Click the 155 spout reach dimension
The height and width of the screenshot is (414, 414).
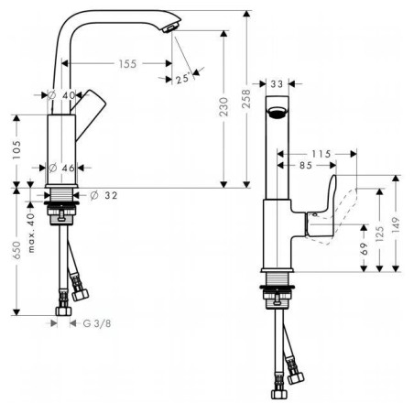pos(127,64)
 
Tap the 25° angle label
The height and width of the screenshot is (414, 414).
pos(183,79)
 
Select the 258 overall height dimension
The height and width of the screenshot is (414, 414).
pos(246,98)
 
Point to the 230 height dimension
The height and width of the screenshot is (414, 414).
pos(223,106)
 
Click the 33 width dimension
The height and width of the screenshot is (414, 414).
pos(277,83)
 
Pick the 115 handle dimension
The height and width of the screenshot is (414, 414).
pos(321,154)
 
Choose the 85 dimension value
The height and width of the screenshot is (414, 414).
pos(306,165)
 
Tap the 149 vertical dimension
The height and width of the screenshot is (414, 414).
pos(396,224)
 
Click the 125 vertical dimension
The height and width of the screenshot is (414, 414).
pos(379,234)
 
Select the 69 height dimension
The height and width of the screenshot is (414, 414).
pos(364,249)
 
